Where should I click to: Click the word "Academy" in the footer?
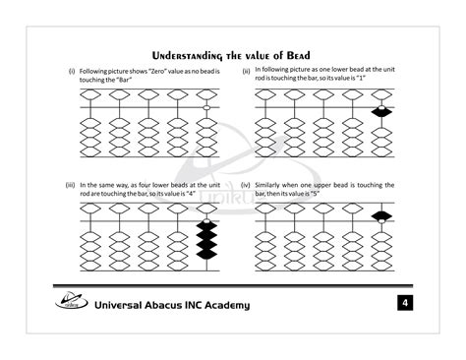click(226, 305)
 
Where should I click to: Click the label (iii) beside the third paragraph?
click(71, 184)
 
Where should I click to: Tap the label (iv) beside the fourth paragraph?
click(245, 184)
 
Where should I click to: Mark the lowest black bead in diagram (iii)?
click(206, 254)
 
